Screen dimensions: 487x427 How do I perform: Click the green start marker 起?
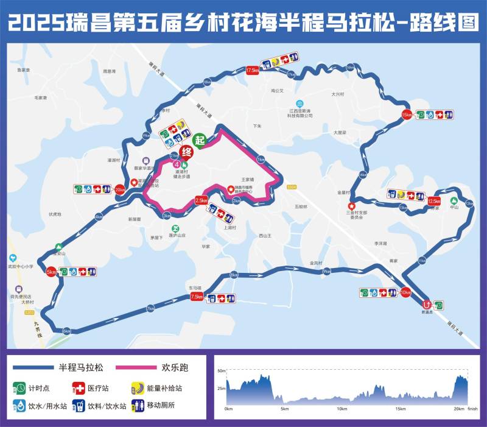(x=201, y=139)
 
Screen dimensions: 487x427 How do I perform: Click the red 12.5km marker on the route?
(x=434, y=201)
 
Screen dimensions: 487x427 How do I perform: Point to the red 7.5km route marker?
(x=197, y=297)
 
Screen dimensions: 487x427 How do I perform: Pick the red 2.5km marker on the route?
(x=201, y=200)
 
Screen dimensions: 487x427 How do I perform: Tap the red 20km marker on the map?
(x=119, y=189)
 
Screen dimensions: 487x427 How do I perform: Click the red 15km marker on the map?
(x=407, y=115)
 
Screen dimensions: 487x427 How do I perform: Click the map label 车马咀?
(x=195, y=288)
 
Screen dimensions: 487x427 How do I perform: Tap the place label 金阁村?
(x=315, y=263)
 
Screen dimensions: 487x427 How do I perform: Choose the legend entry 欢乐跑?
(x=172, y=367)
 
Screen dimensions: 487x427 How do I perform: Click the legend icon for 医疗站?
(x=79, y=387)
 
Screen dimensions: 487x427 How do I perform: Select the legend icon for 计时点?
(x=19, y=387)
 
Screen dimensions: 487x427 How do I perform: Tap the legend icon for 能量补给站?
(x=138, y=387)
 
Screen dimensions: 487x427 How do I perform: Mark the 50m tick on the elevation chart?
(x=222, y=370)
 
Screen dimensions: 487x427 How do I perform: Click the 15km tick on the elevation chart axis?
(x=401, y=409)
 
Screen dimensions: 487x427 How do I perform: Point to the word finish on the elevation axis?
(x=473, y=409)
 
